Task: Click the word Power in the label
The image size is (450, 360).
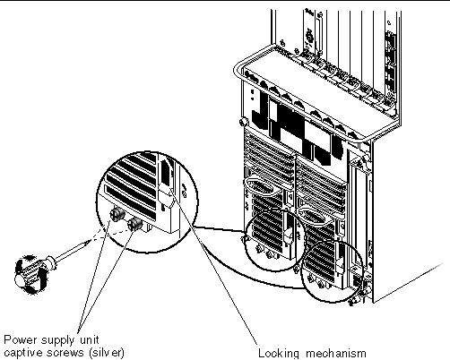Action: click(21, 340)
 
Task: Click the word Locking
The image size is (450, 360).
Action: click(279, 354)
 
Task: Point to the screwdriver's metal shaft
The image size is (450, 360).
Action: click(69, 253)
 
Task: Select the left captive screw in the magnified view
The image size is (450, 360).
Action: click(116, 214)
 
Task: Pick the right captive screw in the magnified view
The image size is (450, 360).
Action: click(134, 224)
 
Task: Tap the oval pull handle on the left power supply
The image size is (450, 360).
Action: click(259, 187)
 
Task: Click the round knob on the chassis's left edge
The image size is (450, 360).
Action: click(243, 122)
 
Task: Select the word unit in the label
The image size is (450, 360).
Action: click(89, 340)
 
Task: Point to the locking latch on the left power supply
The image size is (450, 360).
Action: click(289, 236)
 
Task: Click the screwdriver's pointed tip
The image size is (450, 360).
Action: click(89, 241)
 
